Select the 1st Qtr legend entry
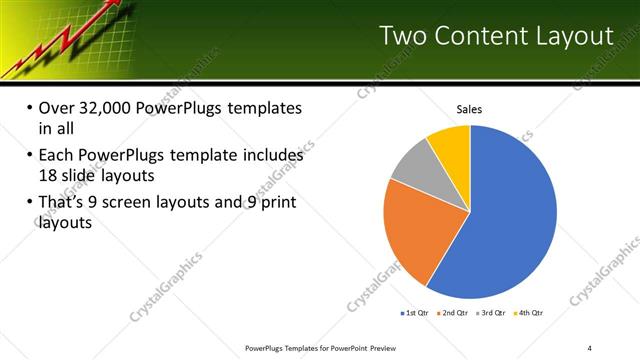[417, 313]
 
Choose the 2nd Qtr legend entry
[456, 313]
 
